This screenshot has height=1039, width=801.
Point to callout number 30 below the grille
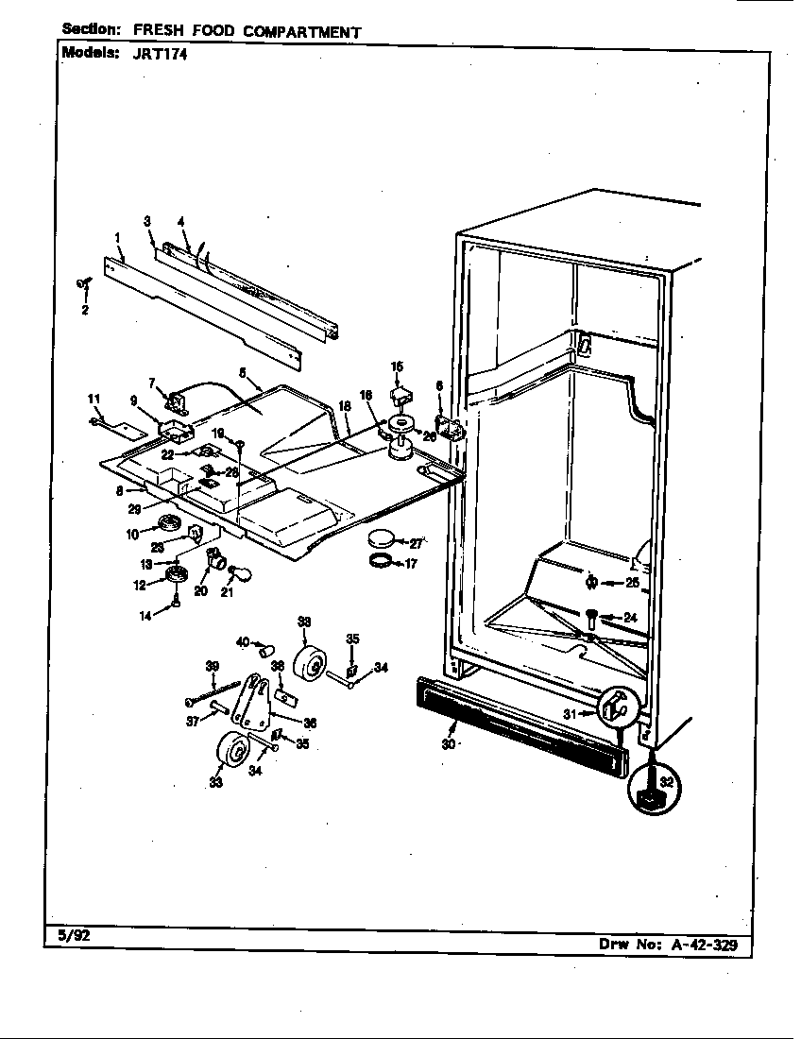coord(448,744)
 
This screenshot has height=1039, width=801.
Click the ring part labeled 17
coord(380,563)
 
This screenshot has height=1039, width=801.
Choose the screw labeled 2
coord(82,281)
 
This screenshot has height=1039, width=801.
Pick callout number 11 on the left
coord(94,398)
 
